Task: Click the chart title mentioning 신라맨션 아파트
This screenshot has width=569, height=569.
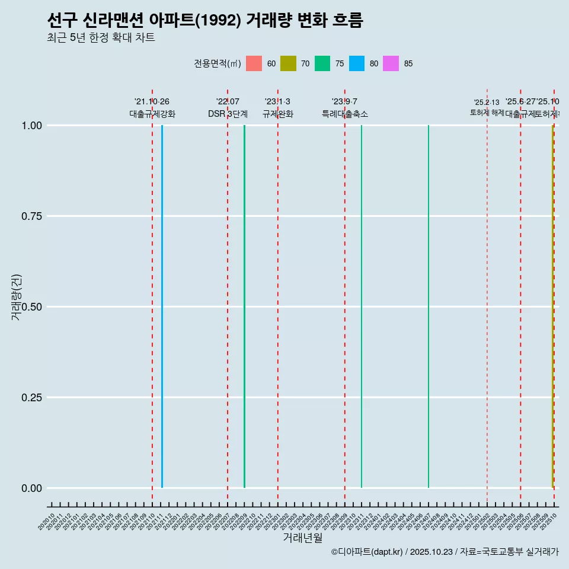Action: [204, 20]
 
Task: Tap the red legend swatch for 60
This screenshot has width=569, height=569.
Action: [254, 63]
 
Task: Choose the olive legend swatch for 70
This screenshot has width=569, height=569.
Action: [288, 63]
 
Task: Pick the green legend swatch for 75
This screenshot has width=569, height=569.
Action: [322, 63]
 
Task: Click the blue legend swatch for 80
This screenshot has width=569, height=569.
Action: [357, 63]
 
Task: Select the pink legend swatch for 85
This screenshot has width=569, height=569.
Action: [391, 63]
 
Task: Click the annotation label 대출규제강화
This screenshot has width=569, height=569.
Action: [152, 114]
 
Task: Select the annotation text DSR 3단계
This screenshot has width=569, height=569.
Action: [228, 114]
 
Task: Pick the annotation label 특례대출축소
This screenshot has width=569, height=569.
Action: [345, 114]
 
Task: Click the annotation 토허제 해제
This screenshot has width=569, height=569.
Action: [487, 113]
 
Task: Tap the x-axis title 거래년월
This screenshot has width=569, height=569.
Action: [302, 538]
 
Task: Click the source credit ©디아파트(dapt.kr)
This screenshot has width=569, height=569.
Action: [367, 552]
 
